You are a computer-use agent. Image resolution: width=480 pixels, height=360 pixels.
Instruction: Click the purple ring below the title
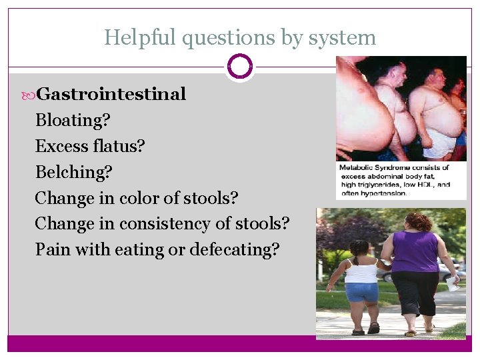click(x=240, y=67)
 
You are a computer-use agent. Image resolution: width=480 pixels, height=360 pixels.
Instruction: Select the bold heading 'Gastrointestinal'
click(x=111, y=94)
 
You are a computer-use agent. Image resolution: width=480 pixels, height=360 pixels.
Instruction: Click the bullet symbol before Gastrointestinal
click(x=27, y=95)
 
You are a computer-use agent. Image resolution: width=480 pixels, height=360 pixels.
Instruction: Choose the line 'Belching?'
click(x=74, y=172)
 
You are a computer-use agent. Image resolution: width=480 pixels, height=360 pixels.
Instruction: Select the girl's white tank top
click(x=361, y=271)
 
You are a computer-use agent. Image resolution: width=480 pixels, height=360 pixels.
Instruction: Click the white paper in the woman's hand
click(x=453, y=283)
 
